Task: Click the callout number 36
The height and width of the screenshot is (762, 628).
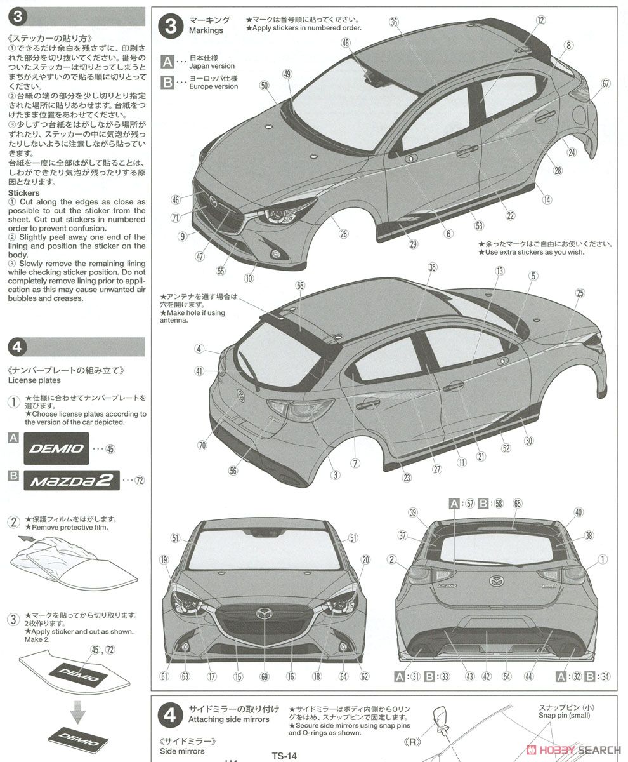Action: (x=394, y=22)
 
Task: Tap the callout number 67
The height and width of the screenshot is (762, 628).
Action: (x=606, y=83)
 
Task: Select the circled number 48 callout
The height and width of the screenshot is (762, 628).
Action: (x=345, y=43)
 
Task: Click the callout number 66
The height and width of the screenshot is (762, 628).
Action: (x=301, y=286)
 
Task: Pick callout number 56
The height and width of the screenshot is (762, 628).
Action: (x=233, y=471)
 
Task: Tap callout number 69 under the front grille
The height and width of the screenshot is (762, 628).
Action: (x=265, y=677)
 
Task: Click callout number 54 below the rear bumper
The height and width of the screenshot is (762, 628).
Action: (x=506, y=677)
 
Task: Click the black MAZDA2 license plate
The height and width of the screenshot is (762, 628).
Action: (x=72, y=480)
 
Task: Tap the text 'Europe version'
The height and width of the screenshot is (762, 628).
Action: (x=214, y=86)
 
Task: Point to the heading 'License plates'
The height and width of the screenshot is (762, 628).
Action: (x=35, y=380)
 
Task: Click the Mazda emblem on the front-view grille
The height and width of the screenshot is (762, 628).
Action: (x=264, y=613)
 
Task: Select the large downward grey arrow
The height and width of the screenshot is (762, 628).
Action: (x=77, y=714)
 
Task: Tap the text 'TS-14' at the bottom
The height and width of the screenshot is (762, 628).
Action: (x=285, y=756)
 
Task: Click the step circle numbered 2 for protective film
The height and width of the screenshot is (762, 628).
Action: (x=13, y=523)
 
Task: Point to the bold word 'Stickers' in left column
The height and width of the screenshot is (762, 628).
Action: (x=23, y=192)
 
